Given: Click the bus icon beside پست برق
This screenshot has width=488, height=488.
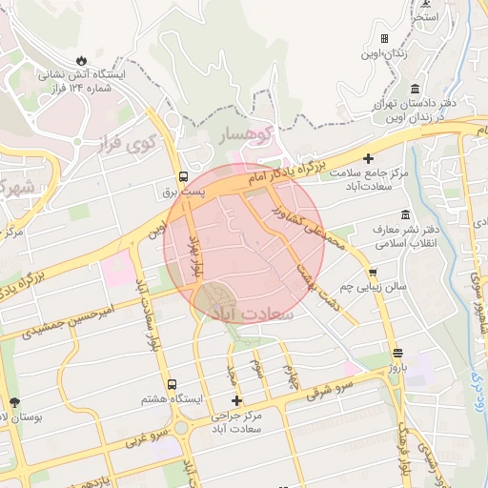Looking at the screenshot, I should point(182,176).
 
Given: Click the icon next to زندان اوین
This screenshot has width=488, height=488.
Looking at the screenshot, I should point(384,39).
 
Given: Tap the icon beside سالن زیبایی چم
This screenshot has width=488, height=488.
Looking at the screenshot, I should point(372,272).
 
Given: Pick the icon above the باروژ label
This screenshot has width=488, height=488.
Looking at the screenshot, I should point(396,352).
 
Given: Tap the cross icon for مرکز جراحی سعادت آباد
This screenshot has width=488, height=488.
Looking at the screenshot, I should point(236,400).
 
